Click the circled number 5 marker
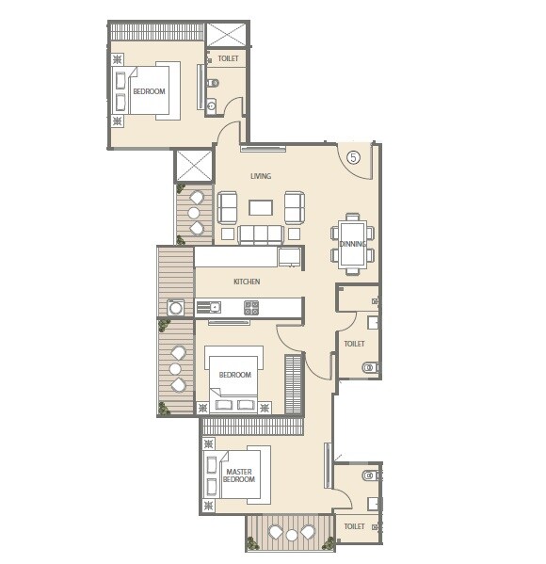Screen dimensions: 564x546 pos(353,157)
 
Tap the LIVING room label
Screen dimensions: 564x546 pos(261,176)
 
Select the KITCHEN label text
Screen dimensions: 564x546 pos(247,282)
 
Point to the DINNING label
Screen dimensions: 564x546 pos(353,245)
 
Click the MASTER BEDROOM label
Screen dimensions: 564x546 pos(239,475)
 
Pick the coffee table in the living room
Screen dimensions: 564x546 pos(261,206)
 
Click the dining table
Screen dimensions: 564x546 pos(353,243)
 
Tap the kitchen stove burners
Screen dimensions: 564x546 pos(251,306)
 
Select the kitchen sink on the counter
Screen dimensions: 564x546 pos(209,307)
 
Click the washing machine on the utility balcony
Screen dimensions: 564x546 pos(175,307)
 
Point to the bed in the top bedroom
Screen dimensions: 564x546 pos(151,90)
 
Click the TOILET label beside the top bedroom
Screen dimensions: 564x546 pos(228,58)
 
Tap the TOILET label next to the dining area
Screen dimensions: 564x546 pos(354,344)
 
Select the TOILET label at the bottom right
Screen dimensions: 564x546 pos(354,526)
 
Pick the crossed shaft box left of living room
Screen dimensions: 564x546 pos(195,166)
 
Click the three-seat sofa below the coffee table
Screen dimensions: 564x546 pos(261,234)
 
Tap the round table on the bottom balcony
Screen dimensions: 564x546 pos(292,535)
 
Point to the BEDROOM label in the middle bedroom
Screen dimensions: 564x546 pos(234,375)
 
